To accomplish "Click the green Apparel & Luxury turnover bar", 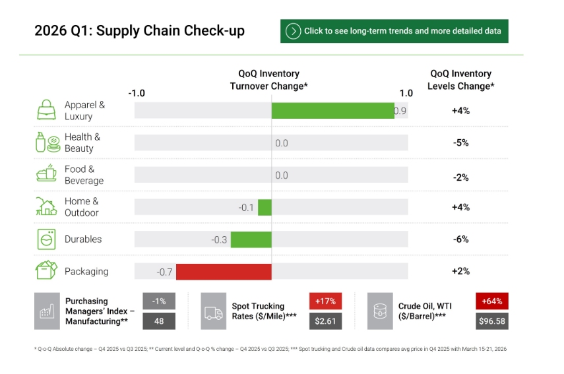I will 332,111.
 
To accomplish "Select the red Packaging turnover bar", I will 224,272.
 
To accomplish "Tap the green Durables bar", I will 251,239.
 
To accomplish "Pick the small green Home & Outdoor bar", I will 265,208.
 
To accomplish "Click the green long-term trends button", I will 394,31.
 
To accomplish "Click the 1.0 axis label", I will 406,93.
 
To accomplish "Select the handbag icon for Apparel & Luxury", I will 46,110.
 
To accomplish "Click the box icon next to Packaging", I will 46,271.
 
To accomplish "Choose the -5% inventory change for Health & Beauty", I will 460,142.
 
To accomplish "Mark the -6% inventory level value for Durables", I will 460,239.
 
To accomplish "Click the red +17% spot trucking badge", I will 325,301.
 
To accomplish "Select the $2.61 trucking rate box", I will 325,321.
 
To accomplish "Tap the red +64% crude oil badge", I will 491,301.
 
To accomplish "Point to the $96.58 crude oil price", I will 491,321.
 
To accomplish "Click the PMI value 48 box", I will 158,321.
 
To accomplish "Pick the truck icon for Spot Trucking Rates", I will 214,311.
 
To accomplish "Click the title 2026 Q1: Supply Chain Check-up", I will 139,31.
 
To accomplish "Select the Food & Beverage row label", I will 84,175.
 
